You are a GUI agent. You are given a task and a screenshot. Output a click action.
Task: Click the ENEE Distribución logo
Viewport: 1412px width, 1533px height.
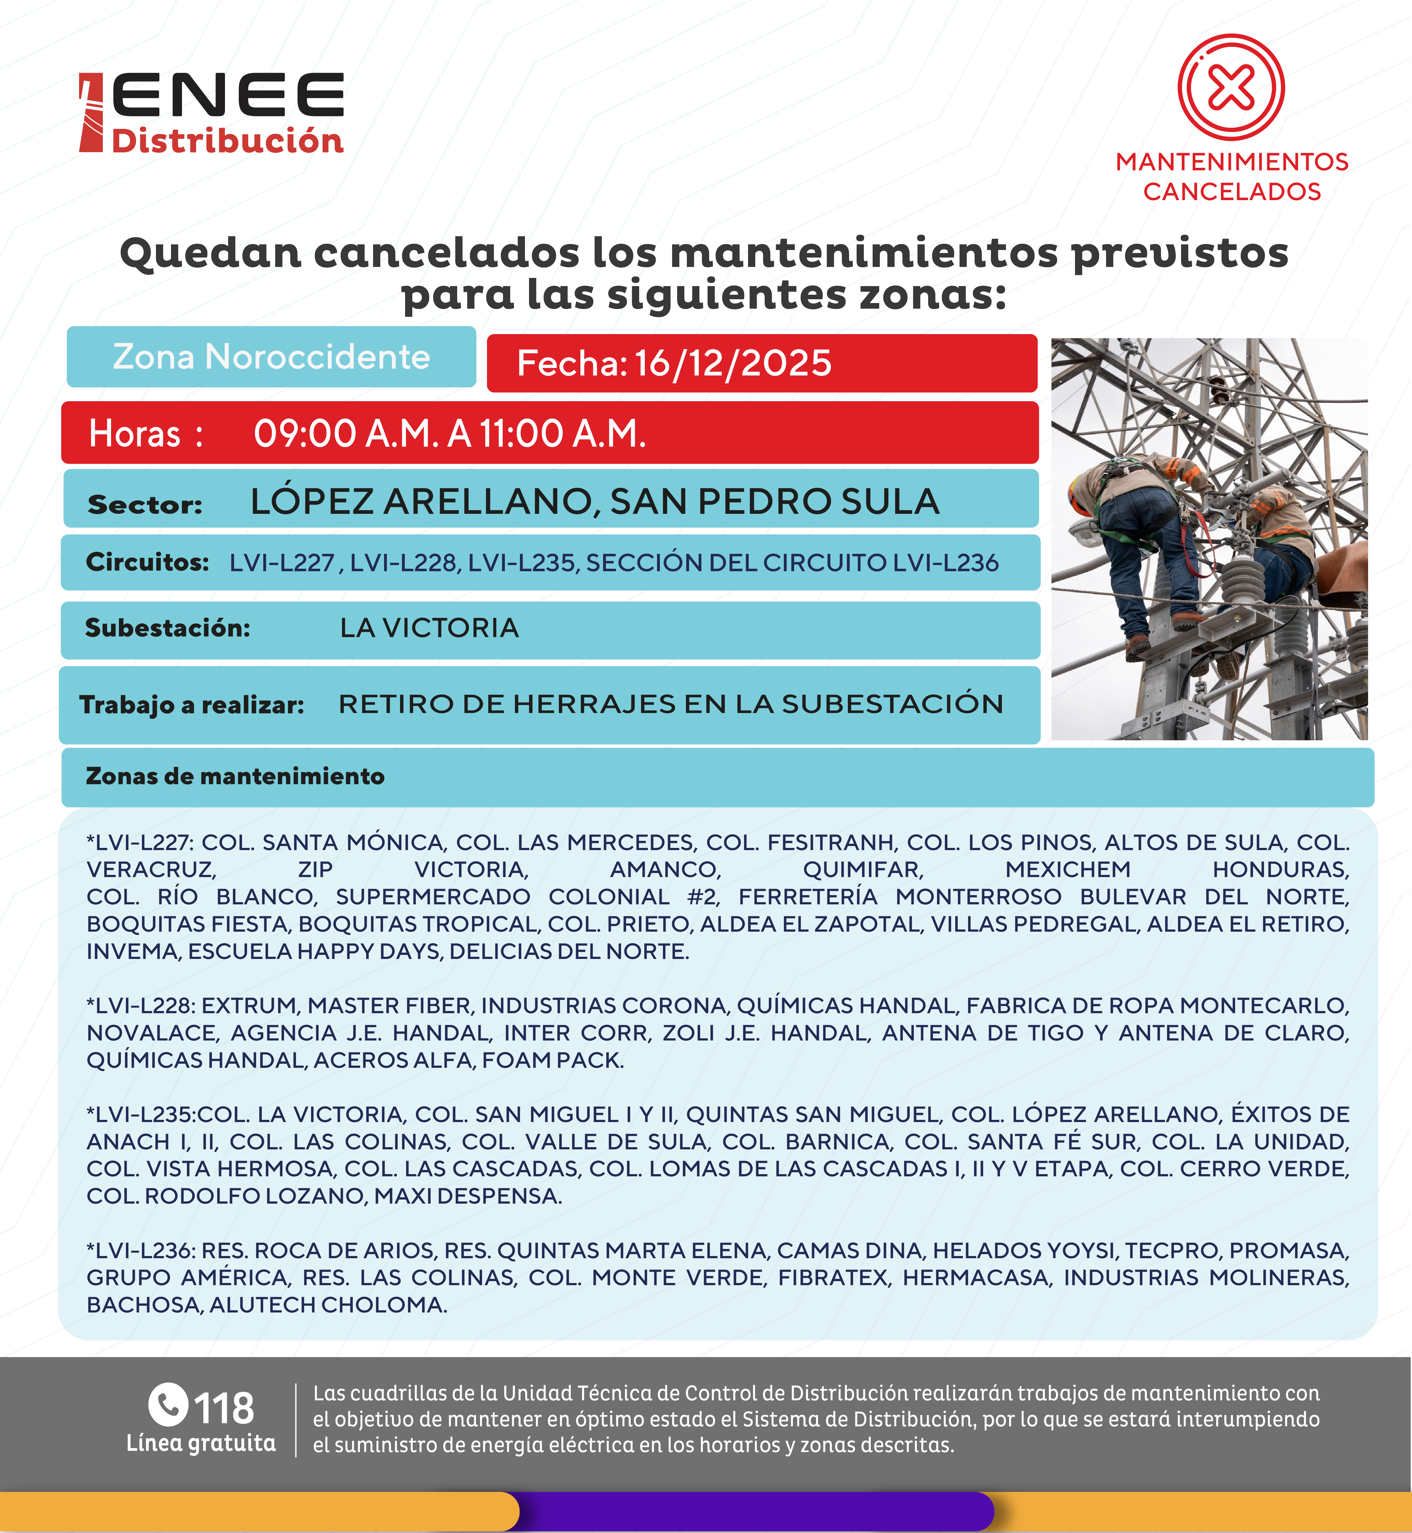212,113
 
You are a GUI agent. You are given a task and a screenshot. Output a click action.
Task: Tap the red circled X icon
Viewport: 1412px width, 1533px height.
1231,87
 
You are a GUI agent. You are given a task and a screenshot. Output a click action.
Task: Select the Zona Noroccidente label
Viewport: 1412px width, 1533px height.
271,357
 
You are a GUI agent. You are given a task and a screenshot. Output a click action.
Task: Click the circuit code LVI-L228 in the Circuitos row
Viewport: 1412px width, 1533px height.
404,563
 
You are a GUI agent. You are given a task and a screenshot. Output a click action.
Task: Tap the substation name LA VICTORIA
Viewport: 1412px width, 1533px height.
430,628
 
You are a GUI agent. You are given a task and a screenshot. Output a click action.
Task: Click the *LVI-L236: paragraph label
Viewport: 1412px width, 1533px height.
141,1250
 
